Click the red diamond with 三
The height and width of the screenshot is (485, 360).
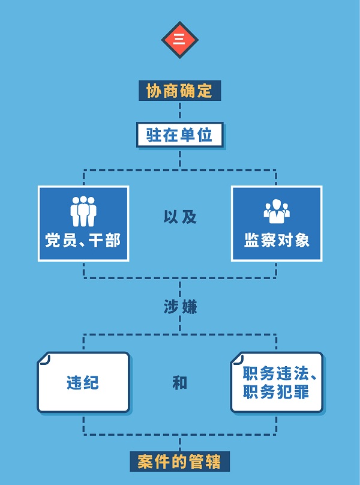(179, 40)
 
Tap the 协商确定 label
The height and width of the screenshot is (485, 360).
(179, 91)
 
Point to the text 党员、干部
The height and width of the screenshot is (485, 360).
(83, 241)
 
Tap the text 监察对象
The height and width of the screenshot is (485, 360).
(277, 241)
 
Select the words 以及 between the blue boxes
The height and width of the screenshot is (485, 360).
(180, 217)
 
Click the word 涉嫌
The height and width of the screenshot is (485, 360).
(180, 307)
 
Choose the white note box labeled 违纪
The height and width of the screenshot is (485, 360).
(83, 382)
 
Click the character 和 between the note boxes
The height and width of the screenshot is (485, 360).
(180, 382)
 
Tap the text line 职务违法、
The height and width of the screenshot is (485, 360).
(279, 374)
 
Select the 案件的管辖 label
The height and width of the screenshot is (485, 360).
(179, 462)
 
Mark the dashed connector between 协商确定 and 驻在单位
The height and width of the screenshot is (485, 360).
(180, 112)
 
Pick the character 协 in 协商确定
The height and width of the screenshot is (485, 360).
(154, 91)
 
